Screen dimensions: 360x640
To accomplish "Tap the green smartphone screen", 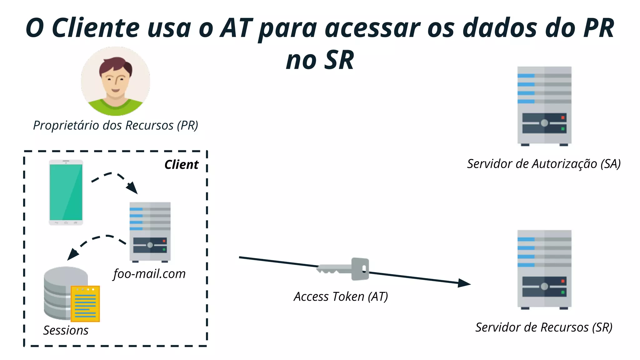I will click(66, 192).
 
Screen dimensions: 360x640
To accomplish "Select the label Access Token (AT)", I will click(341, 297).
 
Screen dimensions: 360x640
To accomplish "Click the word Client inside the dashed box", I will click(181, 165).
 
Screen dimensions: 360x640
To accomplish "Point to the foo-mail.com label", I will click(149, 274).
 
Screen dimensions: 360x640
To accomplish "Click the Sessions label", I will click(66, 330).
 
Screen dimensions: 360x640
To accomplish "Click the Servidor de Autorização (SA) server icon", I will click(544, 106).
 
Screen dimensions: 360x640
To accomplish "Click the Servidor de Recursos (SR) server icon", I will click(544, 269).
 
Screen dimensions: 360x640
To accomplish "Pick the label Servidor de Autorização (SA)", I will click(544, 164).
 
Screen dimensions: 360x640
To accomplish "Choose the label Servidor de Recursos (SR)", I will click(544, 327).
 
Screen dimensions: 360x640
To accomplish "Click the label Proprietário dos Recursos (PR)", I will click(116, 125).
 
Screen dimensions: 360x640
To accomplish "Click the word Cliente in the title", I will click(95, 28).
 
